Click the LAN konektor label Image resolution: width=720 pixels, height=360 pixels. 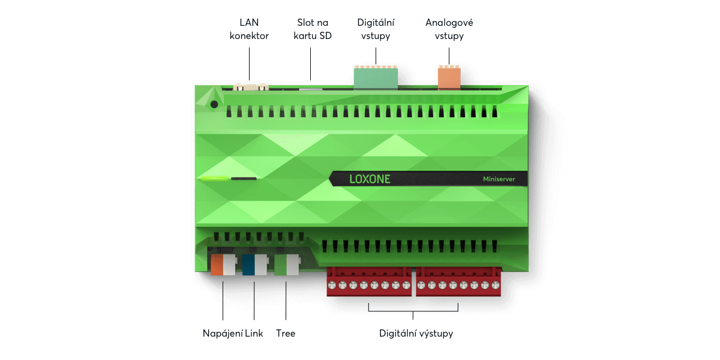pyautogui.click(x=249, y=29)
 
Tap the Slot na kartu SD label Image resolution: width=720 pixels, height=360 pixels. pyautogui.click(x=313, y=29)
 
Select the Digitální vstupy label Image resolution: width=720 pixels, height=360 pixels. pyautogui.click(x=376, y=29)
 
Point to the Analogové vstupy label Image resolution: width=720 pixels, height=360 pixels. pyautogui.click(x=449, y=29)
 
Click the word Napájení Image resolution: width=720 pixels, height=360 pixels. pyautogui.click(x=223, y=334)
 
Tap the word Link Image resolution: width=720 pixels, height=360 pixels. pyautogui.click(x=254, y=334)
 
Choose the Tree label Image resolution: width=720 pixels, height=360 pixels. pyautogui.click(x=286, y=334)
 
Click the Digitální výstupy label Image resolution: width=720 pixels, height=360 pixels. pyautogui.click(x=416, y=334)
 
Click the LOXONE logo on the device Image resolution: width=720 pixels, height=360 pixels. pyautogui.click(x=370, y=179)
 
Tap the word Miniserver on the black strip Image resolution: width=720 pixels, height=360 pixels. pyautogui.click(x=499, y=179)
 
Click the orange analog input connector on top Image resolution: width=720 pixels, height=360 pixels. pyautogui.click(x=449, y=77)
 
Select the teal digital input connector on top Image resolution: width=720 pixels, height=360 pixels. pyautogui.click(x=376, y=77)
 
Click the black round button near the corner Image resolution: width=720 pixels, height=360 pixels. pyautogui.click(x=214, y=104)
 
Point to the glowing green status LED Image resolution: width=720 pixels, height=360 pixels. pyautogui.click(x=214, y=178)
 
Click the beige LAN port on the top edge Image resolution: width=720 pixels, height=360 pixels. pyautogui.click(x=251, y=87)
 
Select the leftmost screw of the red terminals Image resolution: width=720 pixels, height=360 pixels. pyautogui.click(x=332, y=285)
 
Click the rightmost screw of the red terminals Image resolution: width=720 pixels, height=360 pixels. pyautogui.click(x=496, y=285)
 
